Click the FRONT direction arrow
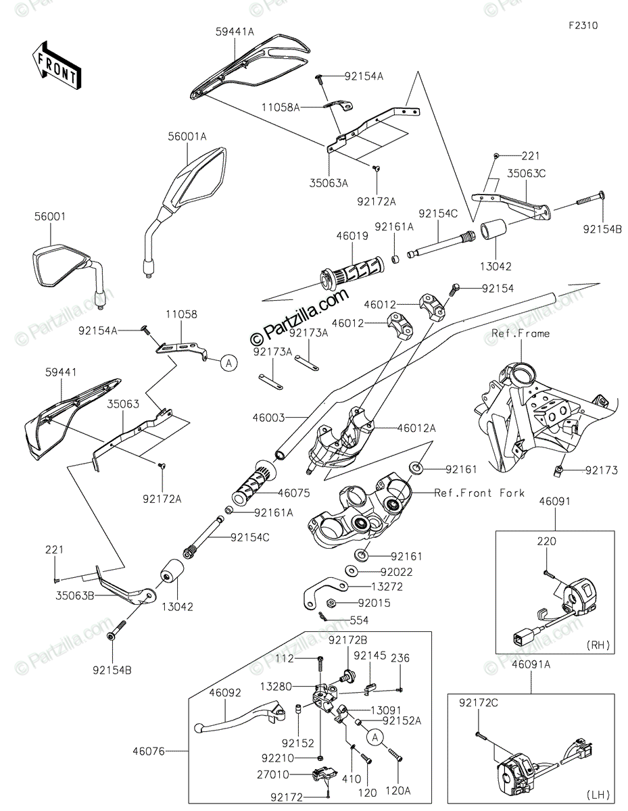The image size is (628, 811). coord(56,65)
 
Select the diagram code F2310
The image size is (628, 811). coord(583,26)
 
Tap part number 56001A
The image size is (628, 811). coord(187,137)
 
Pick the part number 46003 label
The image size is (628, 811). coord(268,418)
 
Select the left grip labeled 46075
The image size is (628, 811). coord(253,481)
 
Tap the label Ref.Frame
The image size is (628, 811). coord(521,333)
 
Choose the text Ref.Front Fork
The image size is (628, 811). coord(479,493)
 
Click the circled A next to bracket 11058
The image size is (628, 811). coord(229,362)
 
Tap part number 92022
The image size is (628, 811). coord(396,572)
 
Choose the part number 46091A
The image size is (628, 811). coord(531,664)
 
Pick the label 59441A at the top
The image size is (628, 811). coord(235,32)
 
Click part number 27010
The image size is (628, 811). coord(273,775)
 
